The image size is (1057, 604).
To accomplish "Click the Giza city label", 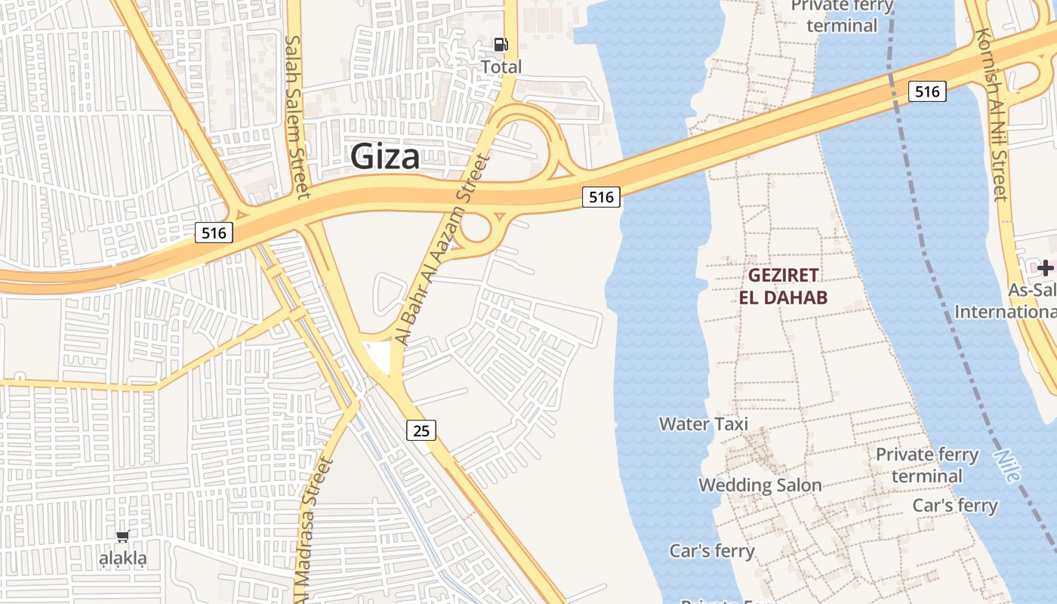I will point(385,157).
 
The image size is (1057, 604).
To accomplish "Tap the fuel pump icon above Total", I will point(501,45).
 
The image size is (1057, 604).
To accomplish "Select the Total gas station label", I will point(501,67).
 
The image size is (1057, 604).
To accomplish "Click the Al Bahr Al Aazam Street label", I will point(443,249).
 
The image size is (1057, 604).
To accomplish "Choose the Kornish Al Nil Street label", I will point(991,113).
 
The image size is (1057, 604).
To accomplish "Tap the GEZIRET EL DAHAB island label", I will point(783,285).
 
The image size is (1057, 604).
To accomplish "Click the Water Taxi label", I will point(704,424).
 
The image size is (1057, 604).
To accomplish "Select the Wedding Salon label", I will point(760,485).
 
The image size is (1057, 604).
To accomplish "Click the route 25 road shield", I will point(421,430).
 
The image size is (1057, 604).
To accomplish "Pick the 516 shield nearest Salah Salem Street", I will point(214,233).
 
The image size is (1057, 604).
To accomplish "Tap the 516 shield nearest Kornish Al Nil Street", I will point(926,91).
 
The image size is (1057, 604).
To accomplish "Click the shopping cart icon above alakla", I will point(122,536).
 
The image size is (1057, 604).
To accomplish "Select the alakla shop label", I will point(124,559).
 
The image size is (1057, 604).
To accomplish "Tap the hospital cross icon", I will point(1045,267).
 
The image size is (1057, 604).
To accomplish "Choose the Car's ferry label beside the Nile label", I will point(955,505).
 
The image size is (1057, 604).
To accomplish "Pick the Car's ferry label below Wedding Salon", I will point(711,550).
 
